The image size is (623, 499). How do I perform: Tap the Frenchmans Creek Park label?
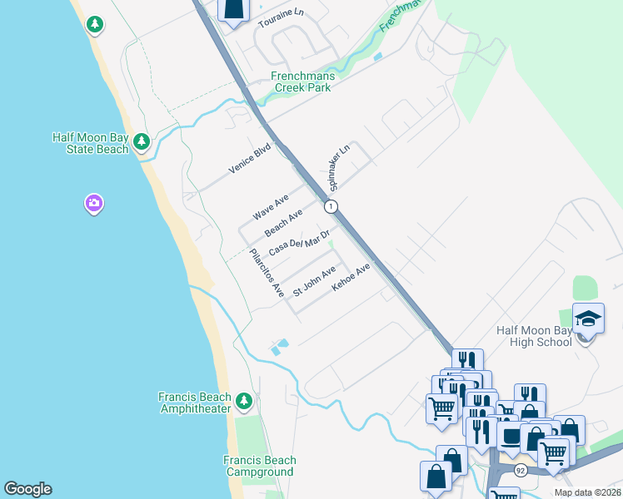tap(302, 82)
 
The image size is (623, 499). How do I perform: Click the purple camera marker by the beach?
tap(93, 203)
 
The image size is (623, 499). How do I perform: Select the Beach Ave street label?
tap(283, 222)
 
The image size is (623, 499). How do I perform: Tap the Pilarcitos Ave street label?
tap(267, 273)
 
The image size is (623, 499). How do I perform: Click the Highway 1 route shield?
tap(331, 206)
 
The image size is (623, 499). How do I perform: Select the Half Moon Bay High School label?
tap(534, 336)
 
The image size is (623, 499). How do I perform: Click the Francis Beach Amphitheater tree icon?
tap(244, 402)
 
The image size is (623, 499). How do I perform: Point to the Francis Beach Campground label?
tap(259, 466)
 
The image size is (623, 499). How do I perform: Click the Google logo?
tap(27, 489)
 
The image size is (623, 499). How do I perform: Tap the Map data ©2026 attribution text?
tap(586, 492)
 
